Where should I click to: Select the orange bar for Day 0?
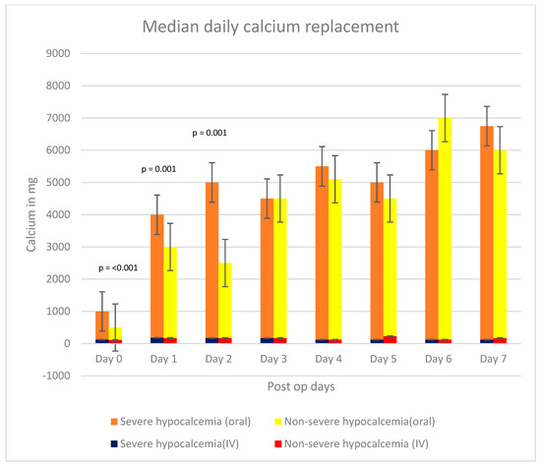pos(102,325)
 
